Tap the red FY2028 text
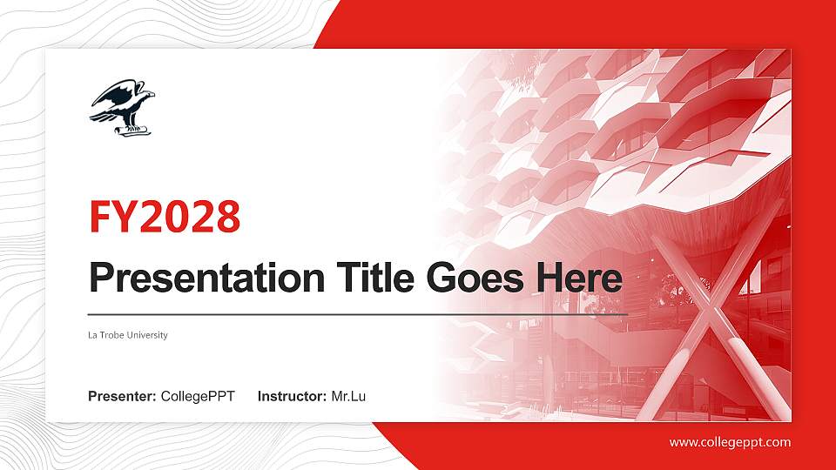point(165,218)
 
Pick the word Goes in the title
point(466,278)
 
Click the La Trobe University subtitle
point(127,335)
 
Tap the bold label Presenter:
point(122,397)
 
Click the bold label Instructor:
point(293,397)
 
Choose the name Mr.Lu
point(348,397)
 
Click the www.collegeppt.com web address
point(730,442)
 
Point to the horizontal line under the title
point(357,313)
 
